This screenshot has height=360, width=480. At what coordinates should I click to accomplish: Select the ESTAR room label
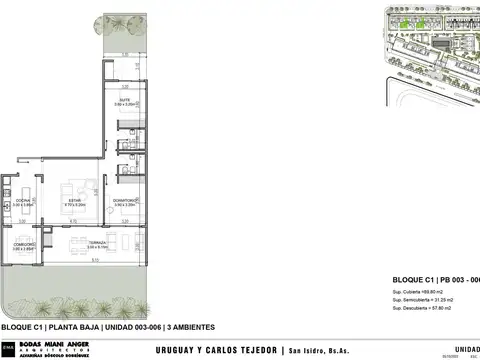73,199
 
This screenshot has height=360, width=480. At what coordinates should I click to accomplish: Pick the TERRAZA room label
97,243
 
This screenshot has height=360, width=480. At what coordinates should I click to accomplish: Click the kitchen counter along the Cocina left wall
7,200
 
